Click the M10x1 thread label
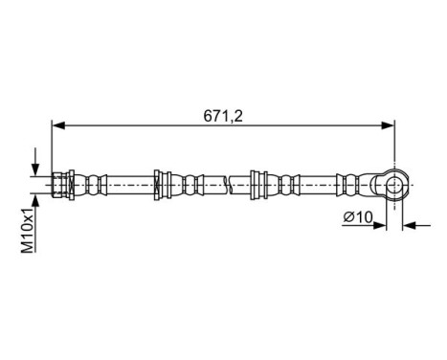point(30,233)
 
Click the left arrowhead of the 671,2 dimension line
point(56,124)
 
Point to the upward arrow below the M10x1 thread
point(35,196)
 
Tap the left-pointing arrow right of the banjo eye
point(409,226)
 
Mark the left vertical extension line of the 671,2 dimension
point(51,144)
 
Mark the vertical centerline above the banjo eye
point(393,144)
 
